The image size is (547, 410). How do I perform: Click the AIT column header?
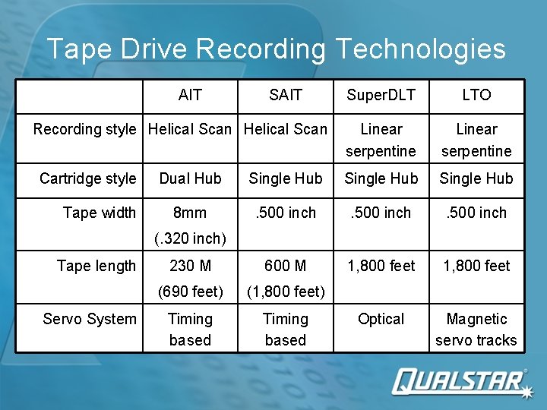[x=190, y=95]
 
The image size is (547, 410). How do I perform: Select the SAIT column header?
[x=286, y=95]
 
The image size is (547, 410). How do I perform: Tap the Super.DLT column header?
[x=381, y=95]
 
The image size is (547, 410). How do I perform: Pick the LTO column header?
[x=476, y=95]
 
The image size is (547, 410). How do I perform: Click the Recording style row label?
[x=84, y=129]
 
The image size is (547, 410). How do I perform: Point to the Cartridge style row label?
[x=87, y=178]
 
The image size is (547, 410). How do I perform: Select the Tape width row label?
[x=100, y=213]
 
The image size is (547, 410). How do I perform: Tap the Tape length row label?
[x=96, y=266]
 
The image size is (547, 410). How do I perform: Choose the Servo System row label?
[x=90, y=319]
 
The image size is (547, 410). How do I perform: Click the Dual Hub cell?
[x=190, y=178]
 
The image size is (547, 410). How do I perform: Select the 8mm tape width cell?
[x=190, y=213]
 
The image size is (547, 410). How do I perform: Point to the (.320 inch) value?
[x=190, y=238]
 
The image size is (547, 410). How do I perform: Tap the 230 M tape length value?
[x=190, y=266]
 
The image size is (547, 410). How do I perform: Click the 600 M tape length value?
[x=286, y=266]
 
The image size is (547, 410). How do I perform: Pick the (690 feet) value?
[x=190, y=292]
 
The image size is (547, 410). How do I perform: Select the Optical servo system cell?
[x=381, y=319]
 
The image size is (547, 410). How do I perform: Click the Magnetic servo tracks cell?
[x=476, y=330]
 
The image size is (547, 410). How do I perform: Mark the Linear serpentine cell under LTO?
[x=476, y=140]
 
